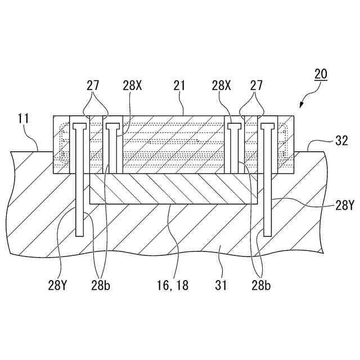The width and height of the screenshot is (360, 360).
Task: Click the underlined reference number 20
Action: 321,74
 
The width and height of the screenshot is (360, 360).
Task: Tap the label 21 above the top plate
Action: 179,85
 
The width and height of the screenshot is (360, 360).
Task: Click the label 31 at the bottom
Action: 220,286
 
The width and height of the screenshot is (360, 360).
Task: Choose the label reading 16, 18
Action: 172,286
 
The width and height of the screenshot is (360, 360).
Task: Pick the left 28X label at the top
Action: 133,85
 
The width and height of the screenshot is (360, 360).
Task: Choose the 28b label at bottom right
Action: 259,286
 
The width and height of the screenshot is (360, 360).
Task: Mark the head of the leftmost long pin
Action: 79,123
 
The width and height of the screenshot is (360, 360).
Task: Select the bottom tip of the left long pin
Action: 79,233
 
